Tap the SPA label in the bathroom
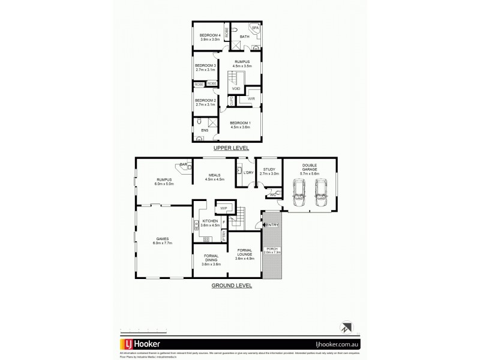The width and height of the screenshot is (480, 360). point(254,28)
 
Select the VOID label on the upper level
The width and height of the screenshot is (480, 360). point(236,88)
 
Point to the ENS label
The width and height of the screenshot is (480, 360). point(205,129)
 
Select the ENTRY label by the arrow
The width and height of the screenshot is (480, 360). point(271,225)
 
